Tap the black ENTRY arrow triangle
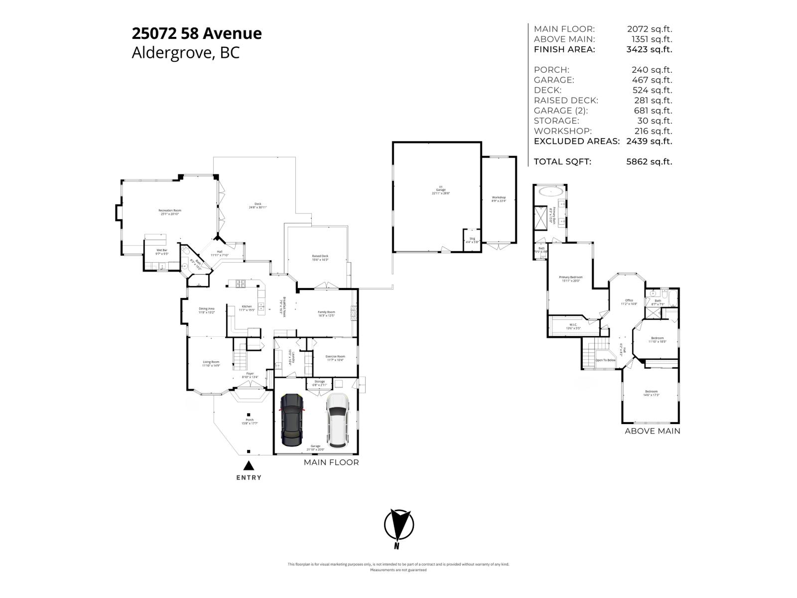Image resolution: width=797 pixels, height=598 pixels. tap(249, 466)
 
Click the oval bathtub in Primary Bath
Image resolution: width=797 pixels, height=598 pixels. tap(550, 191)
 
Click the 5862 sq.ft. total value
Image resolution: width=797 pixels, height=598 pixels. tap(649, 161)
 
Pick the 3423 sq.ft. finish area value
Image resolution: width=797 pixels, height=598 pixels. tap(649, 49)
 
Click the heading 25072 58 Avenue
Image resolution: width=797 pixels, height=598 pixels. tap(196, 33)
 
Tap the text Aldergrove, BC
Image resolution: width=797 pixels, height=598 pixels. tap(185, 53)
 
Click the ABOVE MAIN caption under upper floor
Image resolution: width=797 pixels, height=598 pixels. tap(652, 431)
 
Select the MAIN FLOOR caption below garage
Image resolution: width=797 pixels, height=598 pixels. tap(331, 462)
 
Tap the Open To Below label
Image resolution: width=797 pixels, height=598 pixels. tap(605, 360)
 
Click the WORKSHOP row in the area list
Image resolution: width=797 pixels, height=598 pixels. tap(563, 131)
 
